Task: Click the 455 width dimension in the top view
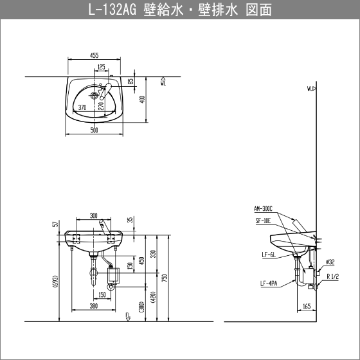pos(94,55)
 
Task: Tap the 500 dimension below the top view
pos(94,130)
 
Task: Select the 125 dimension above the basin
pos(102,67)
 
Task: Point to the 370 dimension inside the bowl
pos(82,107)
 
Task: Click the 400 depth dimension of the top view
pos(142,99)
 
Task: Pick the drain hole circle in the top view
pos(94,95)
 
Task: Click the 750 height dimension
pos(165,278)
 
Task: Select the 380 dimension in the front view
pos(94,306)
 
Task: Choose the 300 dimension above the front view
pos(93,215)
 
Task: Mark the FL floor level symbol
pos(128,317)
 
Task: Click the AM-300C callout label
pos(263,208)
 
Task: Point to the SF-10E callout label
pos(263,221)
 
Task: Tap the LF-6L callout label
pos(269,255)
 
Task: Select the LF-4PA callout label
pos(269,283)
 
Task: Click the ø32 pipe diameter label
pos(330,262)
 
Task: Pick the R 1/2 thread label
pos(333,276)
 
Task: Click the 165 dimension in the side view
pos(307,306)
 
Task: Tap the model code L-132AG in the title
pos(113,10)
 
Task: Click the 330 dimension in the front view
pos(154,254)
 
